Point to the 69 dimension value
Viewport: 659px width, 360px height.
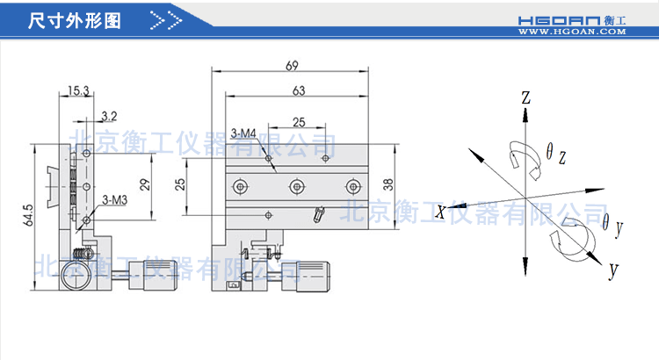tap(291, 65)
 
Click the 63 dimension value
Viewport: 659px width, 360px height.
tap(298, 90)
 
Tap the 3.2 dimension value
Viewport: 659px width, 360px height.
tap(109, 115)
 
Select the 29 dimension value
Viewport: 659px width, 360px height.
tap(145, 183)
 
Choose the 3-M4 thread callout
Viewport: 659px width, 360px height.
tap(243, 133)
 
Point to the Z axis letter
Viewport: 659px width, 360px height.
tap(525, 98)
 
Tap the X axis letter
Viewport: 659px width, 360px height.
tap(440, 209)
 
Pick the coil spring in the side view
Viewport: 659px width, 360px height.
tap(81, 254)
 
